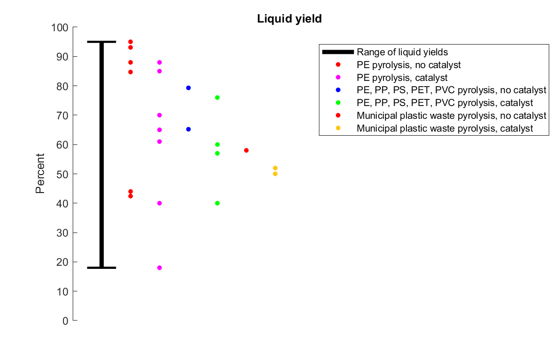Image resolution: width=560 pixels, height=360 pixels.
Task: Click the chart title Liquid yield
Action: pos(289,19)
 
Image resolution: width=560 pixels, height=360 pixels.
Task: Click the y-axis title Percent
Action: pos(40,174)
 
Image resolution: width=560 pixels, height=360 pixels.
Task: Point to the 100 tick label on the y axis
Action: pos(60,27)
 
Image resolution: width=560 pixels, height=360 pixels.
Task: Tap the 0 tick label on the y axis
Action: pos(65,321)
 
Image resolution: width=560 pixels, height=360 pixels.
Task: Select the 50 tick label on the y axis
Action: pos(62,174)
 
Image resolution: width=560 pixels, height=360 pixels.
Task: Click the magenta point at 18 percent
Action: pos(159,268)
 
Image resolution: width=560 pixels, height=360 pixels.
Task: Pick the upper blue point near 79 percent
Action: pos(188,88)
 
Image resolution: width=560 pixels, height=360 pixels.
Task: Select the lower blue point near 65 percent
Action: pos(188,129)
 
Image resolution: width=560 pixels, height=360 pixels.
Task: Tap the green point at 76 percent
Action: pos(218,97)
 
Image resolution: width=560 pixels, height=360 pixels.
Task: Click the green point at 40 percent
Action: pos(218,203)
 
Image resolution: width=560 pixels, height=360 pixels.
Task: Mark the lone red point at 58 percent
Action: pos(246,151)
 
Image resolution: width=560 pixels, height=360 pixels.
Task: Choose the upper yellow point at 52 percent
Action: pos(275,168)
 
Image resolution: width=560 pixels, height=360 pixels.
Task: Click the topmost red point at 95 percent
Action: pos(131,42)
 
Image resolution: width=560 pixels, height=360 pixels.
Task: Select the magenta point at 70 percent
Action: pos(159,115)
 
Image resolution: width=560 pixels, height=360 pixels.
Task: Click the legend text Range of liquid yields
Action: pos(402,52)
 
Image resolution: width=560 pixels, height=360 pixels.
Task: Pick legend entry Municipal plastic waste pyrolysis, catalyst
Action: pos(445,129)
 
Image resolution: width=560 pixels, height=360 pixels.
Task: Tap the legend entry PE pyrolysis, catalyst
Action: pos(402,78)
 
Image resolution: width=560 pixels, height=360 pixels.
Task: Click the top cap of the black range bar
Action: pos(101,42)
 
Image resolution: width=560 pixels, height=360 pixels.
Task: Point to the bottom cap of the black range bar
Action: pos(101,267)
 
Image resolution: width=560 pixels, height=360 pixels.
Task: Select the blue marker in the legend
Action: pos(338,90)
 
